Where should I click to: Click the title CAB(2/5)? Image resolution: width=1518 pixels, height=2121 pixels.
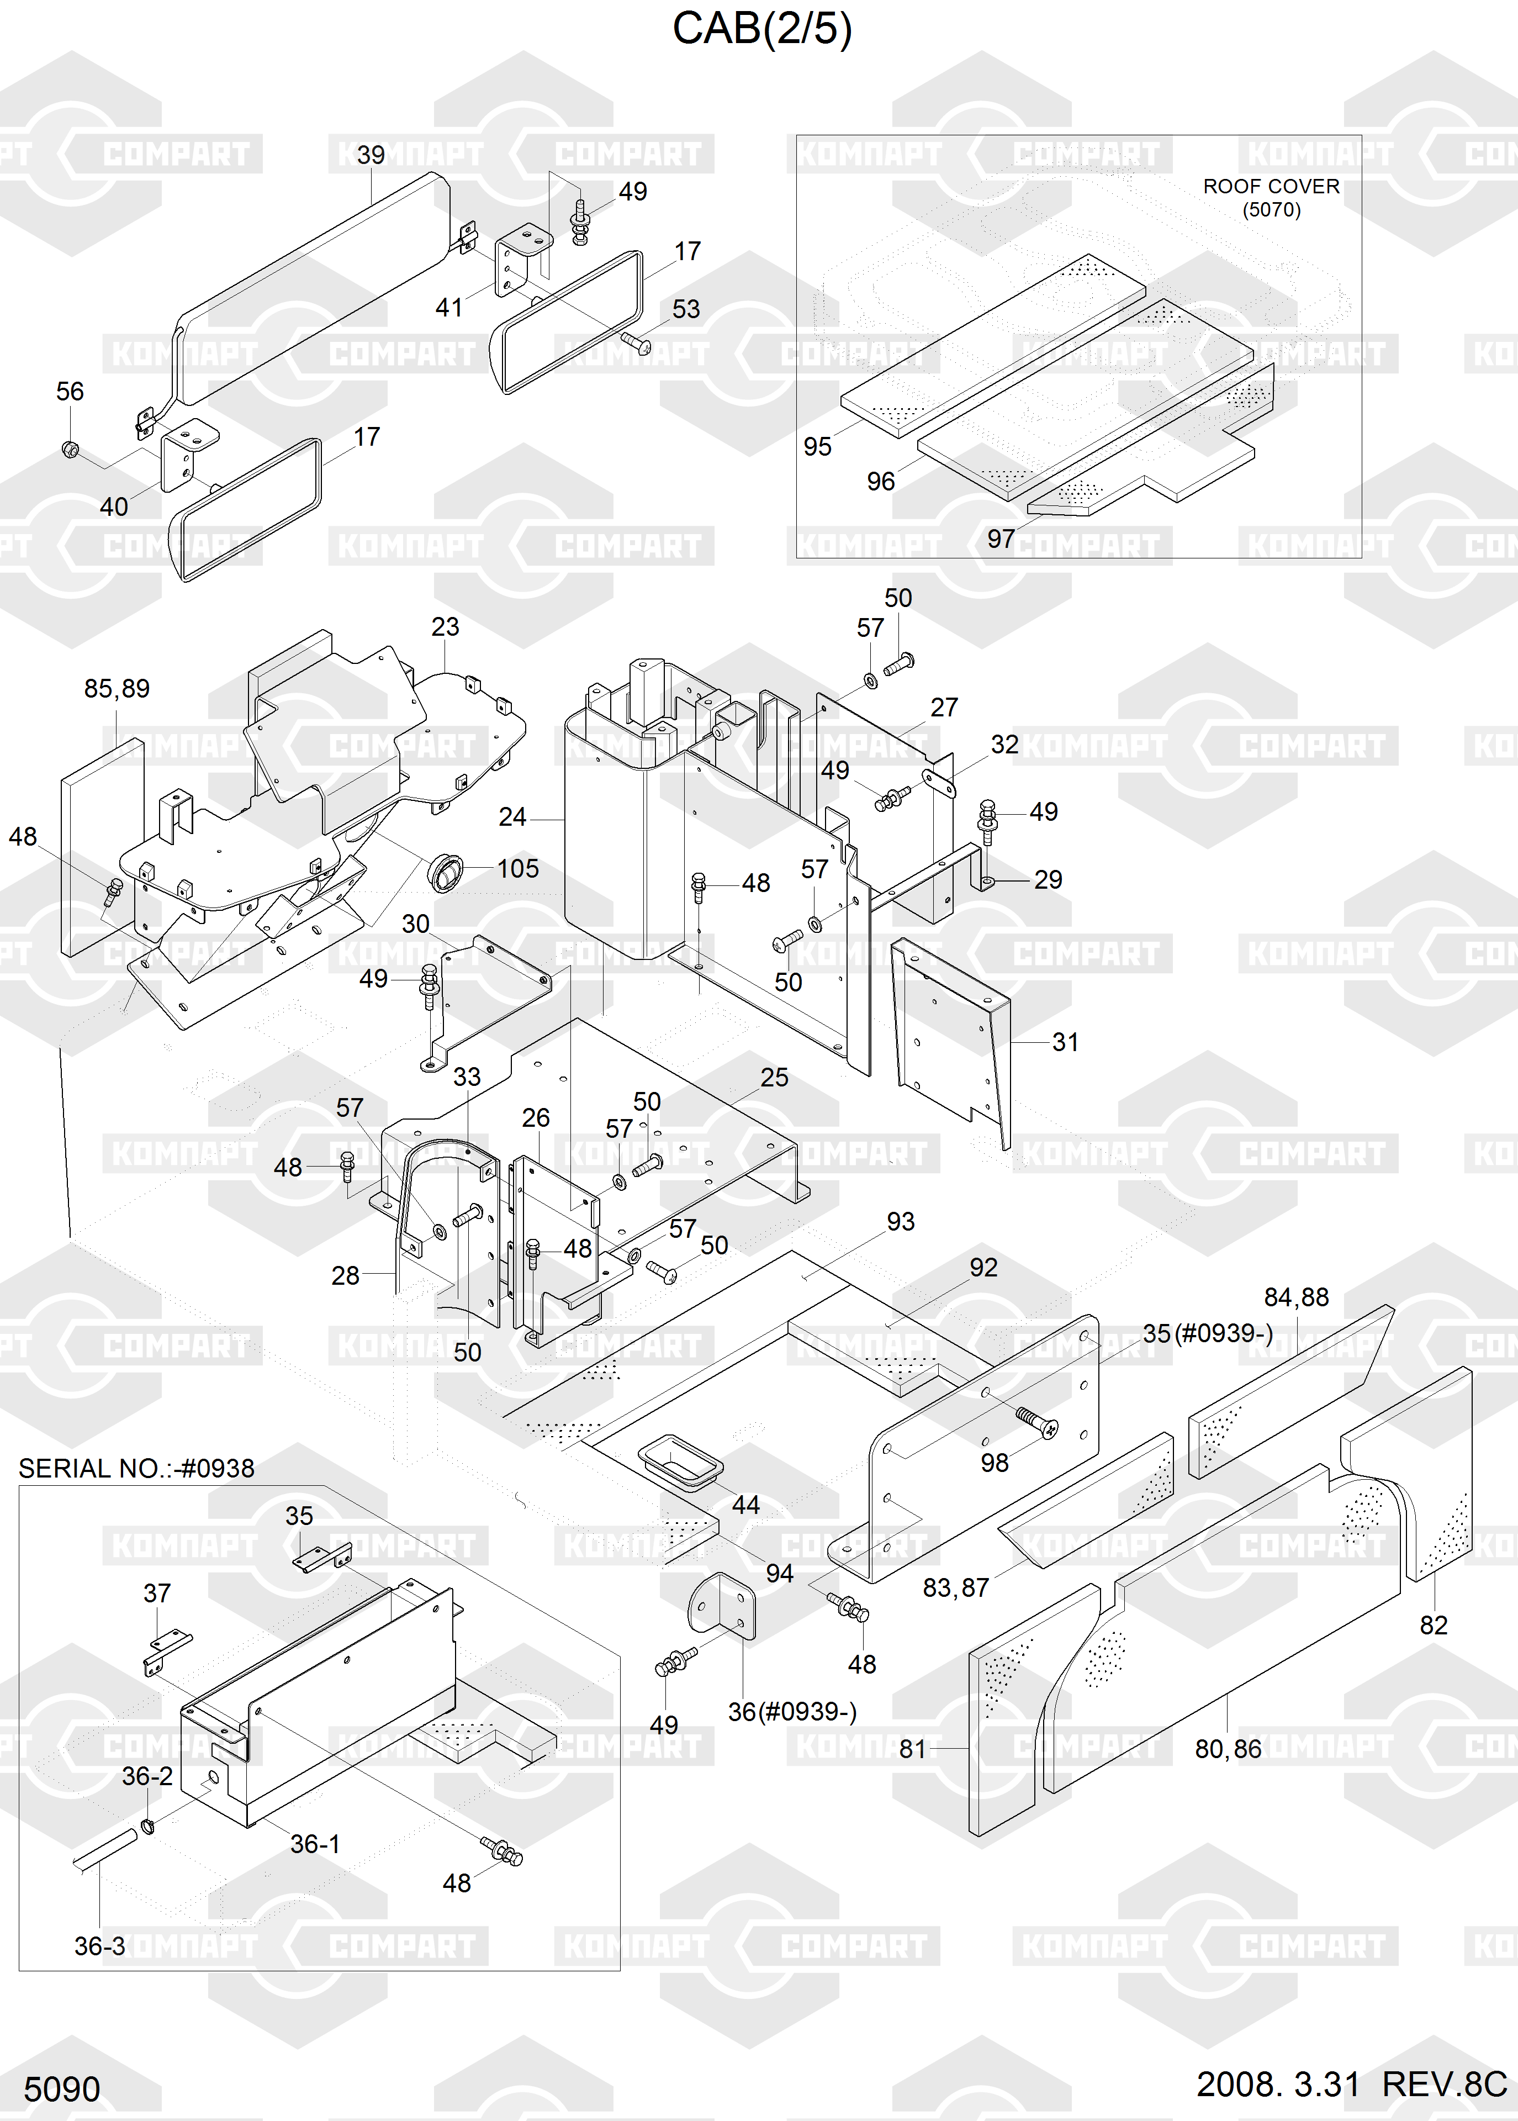pyautogui.click(x=762, y=29)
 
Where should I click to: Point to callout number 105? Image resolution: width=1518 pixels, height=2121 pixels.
pyautogui.click(x=518, y=868)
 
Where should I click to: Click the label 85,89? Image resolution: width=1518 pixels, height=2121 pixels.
pyautogui.click(x=117, y=689)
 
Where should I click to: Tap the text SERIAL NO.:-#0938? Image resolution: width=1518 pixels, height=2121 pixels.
pyautogui.click(x=136, y=1469)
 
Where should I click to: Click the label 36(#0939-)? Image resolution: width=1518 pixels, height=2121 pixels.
pyautogui.click(x=792, y=1712)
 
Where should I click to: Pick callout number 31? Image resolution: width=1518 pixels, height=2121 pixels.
pyautogui.click(x=1065, y=1042)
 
